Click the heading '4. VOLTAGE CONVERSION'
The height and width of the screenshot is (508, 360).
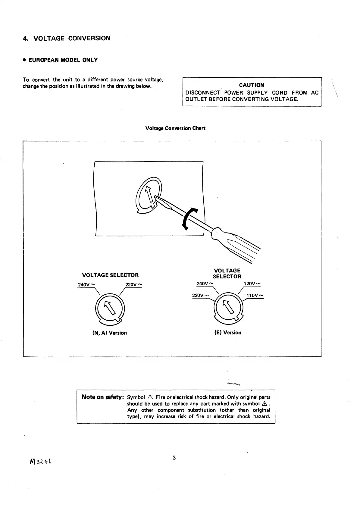(67, 38)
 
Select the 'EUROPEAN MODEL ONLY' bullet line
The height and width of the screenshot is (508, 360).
(60, 60)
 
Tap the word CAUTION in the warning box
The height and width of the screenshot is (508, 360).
(252, 85)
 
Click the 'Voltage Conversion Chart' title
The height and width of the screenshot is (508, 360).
(175, 128)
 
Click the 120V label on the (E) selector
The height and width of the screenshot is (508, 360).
(252, 284)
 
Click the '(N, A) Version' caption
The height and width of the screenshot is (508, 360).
(109, 333)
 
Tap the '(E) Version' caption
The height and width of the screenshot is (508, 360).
(228, 333)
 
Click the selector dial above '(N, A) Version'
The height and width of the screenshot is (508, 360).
(110, 309)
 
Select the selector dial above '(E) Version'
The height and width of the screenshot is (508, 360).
(228, 308)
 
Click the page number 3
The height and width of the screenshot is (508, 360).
(174, 458)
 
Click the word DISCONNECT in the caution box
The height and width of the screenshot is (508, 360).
(203, 93)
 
